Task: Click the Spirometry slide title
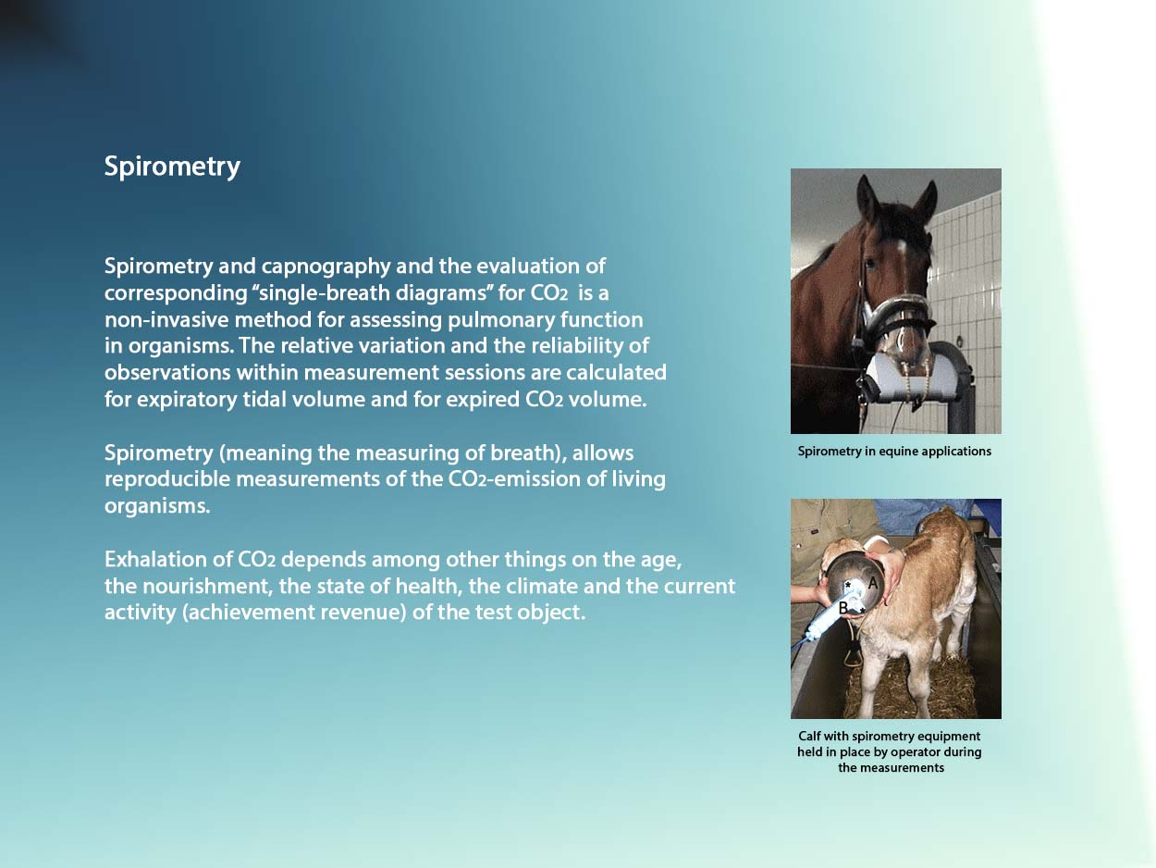(172, 167)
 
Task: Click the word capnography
(326, 267)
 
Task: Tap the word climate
(535, 586)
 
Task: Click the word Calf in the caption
(809, 736)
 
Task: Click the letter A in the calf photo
(872, 583)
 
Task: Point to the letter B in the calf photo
(843, 608)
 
